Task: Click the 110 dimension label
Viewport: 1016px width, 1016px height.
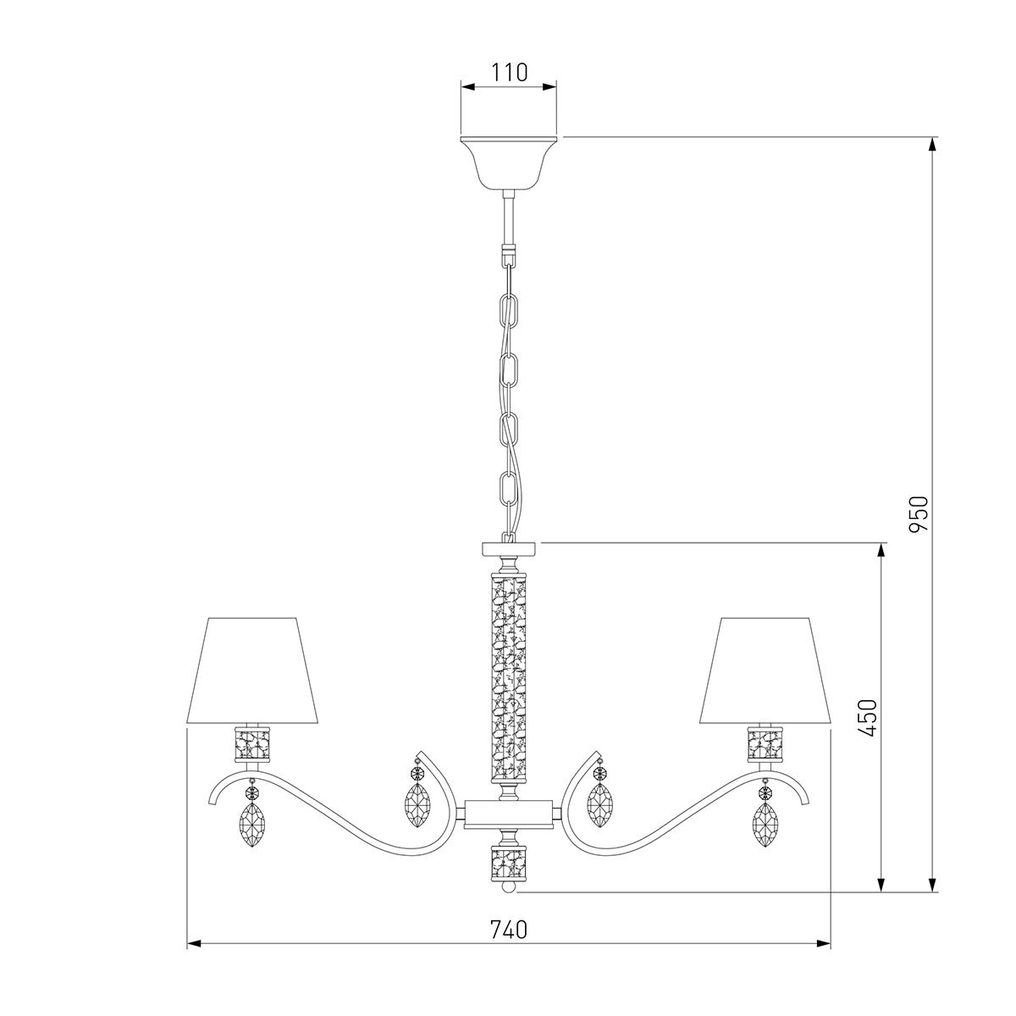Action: [x=509, y=72]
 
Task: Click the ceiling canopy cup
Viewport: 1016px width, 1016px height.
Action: [x=508, y=163]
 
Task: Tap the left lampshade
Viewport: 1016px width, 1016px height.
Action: [x=252, y=670]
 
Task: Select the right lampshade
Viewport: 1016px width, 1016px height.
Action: [x=765, y=670]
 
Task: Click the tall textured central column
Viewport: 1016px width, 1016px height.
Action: [x=508, y=676]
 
